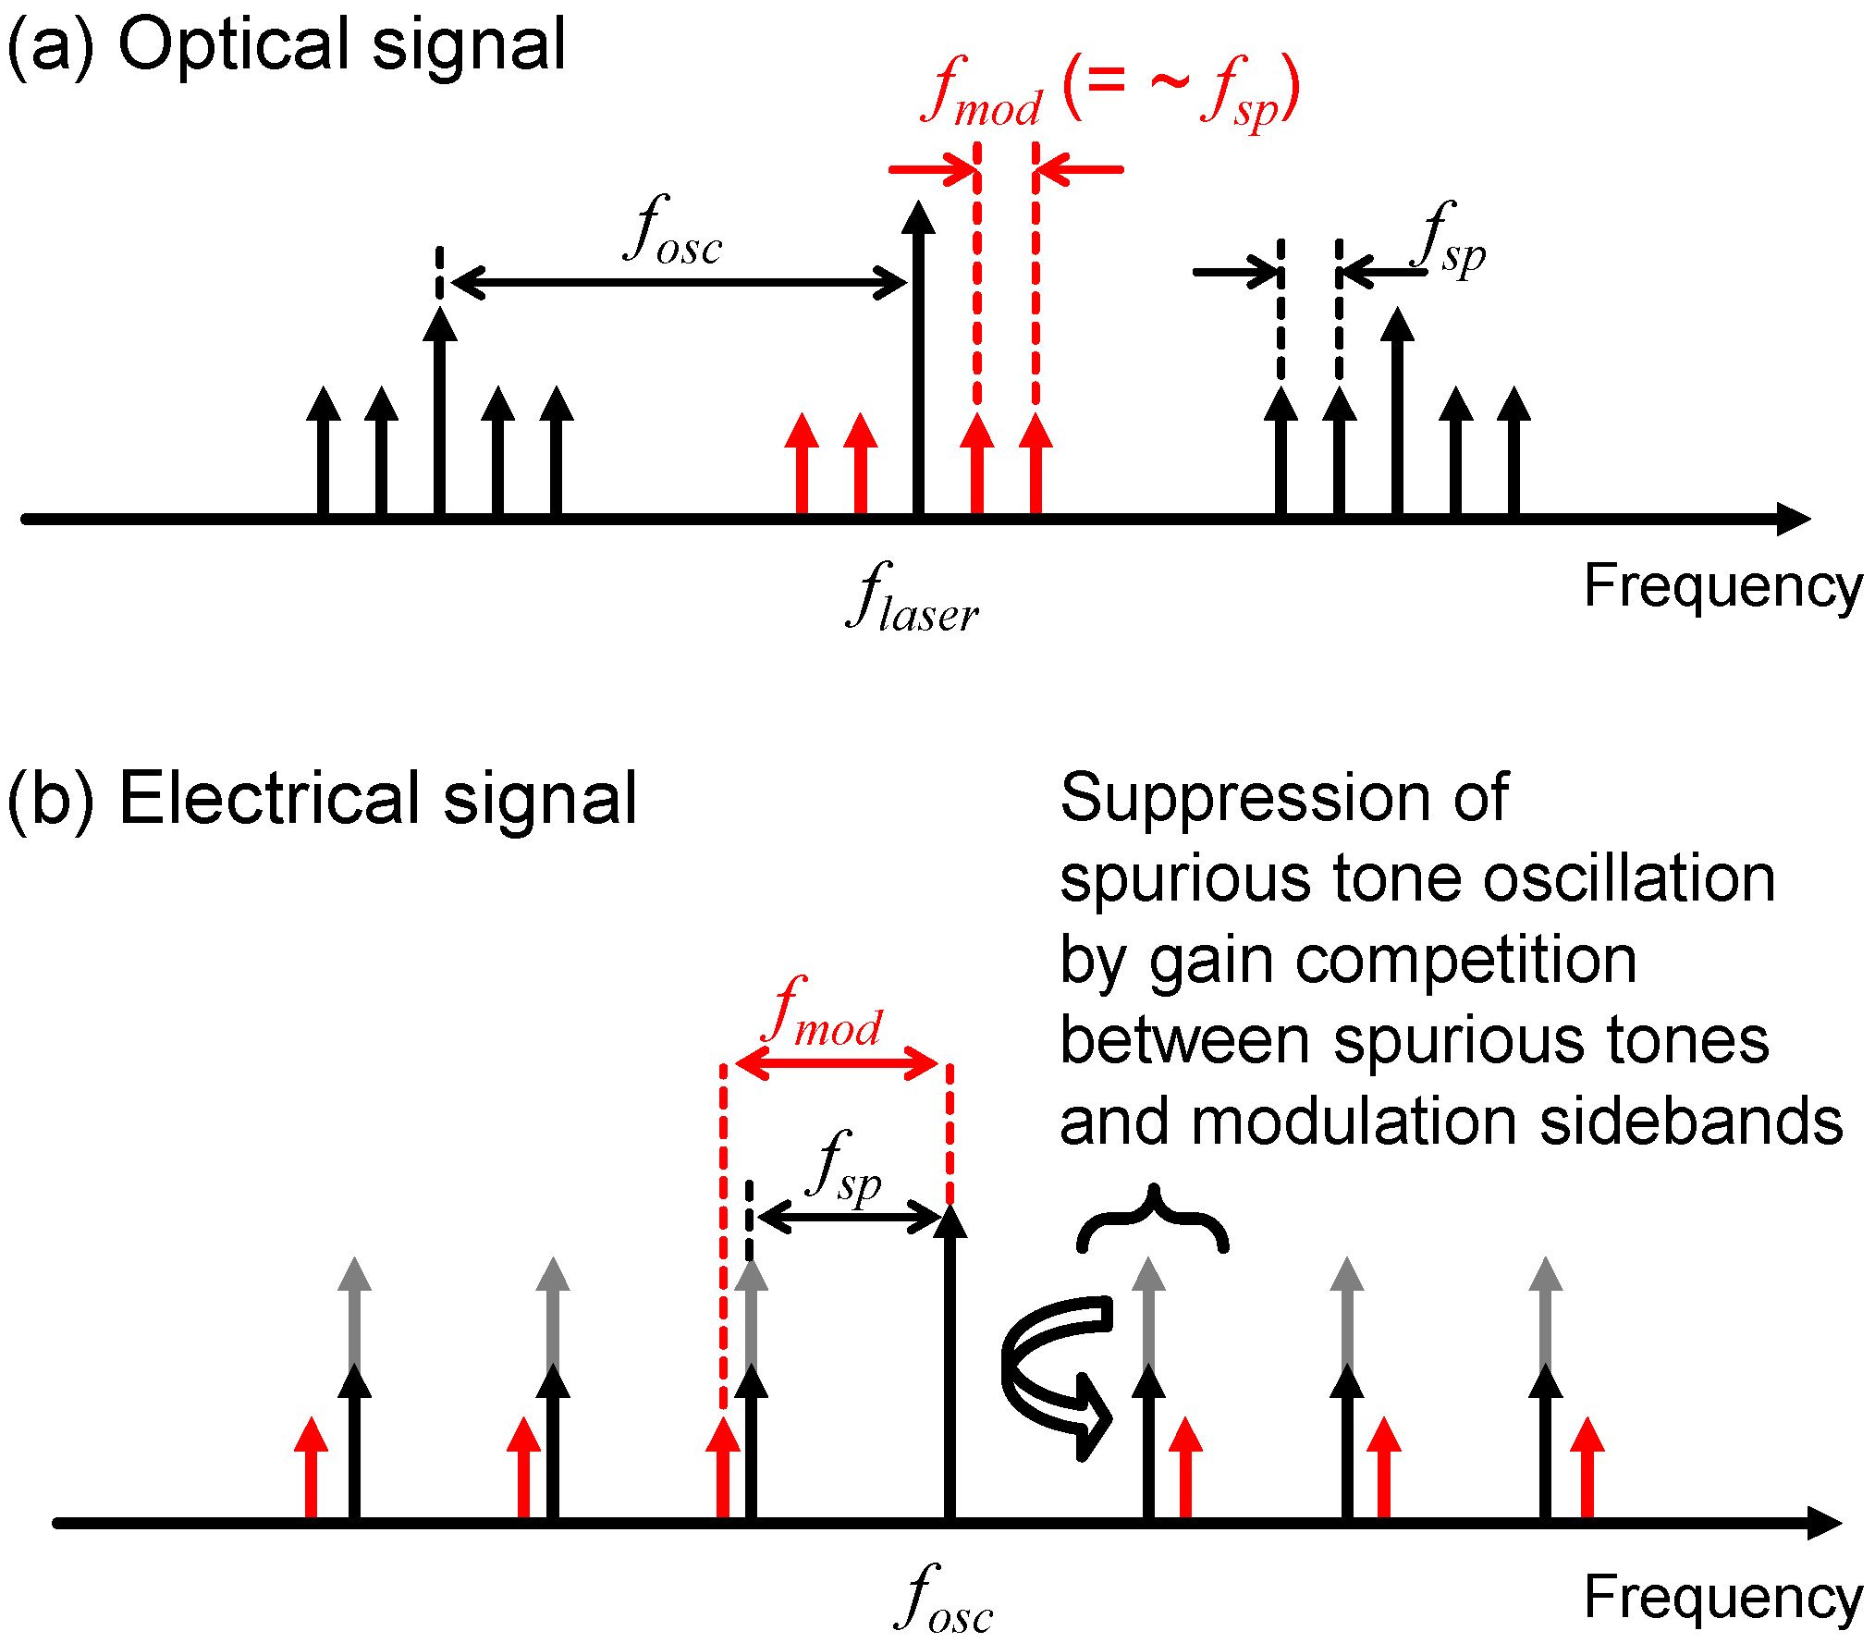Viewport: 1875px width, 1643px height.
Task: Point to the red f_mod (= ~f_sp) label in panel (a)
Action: point(1109,92)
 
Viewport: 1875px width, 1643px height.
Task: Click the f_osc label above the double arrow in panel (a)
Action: point(672,233)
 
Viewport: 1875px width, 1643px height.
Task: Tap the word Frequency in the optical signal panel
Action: point(1722,586)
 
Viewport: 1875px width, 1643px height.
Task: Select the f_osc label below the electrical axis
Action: point(944,1600)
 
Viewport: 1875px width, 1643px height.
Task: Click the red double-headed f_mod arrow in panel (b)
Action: point(838,1063)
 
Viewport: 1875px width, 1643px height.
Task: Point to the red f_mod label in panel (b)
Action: point(826,1014)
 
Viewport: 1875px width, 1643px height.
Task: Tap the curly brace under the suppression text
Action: point(1152,1220)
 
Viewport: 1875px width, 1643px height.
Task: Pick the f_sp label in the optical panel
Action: point(1452,242)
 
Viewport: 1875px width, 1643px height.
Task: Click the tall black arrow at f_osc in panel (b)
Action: point(950,1368)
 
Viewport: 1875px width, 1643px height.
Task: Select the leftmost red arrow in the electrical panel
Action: point(311,1470)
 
